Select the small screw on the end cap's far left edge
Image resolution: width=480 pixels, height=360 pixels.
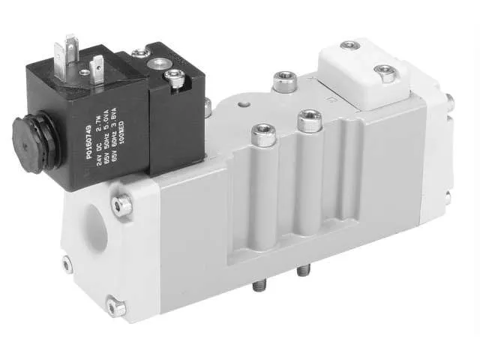(x=67, y=263)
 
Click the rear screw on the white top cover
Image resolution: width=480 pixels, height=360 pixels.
(x=349, y=46)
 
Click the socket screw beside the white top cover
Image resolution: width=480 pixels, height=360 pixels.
(x=283, y=80)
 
